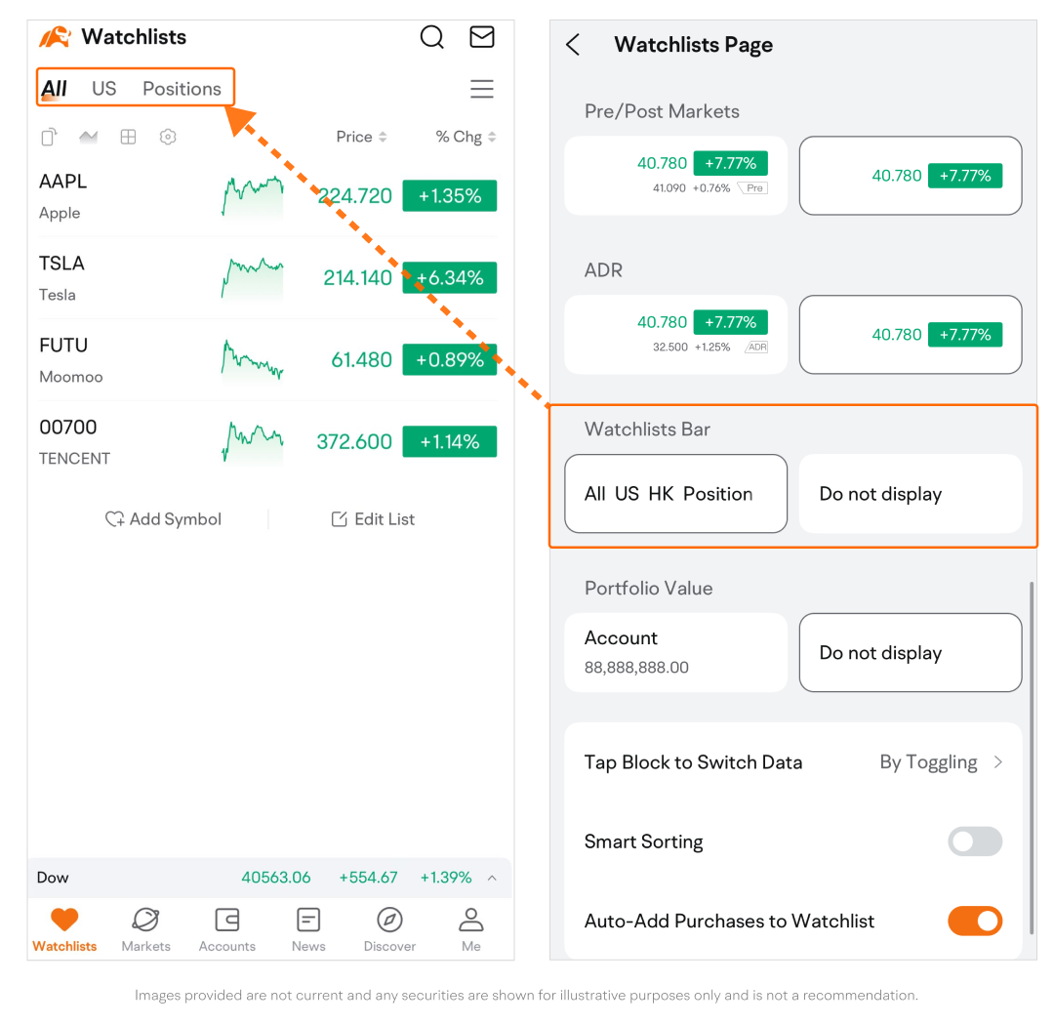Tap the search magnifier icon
432,37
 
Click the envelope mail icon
482,37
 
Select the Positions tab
182,89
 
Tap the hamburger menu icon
482,89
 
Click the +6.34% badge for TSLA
450,278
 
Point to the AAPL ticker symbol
63,182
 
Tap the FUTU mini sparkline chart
253,360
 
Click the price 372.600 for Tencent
354,442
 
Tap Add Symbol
163,519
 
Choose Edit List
373,519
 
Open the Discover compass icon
389,921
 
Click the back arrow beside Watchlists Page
573,45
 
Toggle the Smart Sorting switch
975,841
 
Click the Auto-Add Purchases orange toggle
975,921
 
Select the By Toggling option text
928,762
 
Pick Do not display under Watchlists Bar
911,494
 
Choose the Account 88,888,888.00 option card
675,652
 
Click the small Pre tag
753,188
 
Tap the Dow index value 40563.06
275,878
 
